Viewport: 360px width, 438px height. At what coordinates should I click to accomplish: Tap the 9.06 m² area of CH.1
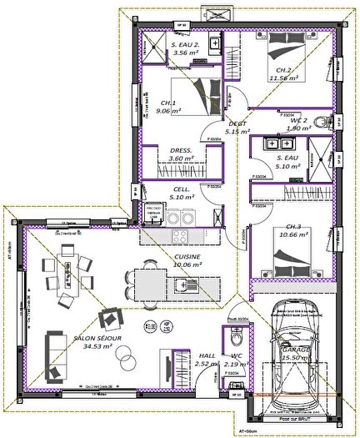point(162,109)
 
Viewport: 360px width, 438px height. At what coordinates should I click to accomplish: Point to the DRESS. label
point(181,150)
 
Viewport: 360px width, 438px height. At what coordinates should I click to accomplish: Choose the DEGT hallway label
point(238,122)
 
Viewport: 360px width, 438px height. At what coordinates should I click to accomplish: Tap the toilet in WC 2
point(331,122)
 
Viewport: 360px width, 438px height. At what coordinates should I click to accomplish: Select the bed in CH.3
point(292,264)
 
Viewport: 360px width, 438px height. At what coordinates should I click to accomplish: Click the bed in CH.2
point(282,49)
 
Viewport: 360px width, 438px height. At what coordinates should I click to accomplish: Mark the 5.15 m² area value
point(238,131)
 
